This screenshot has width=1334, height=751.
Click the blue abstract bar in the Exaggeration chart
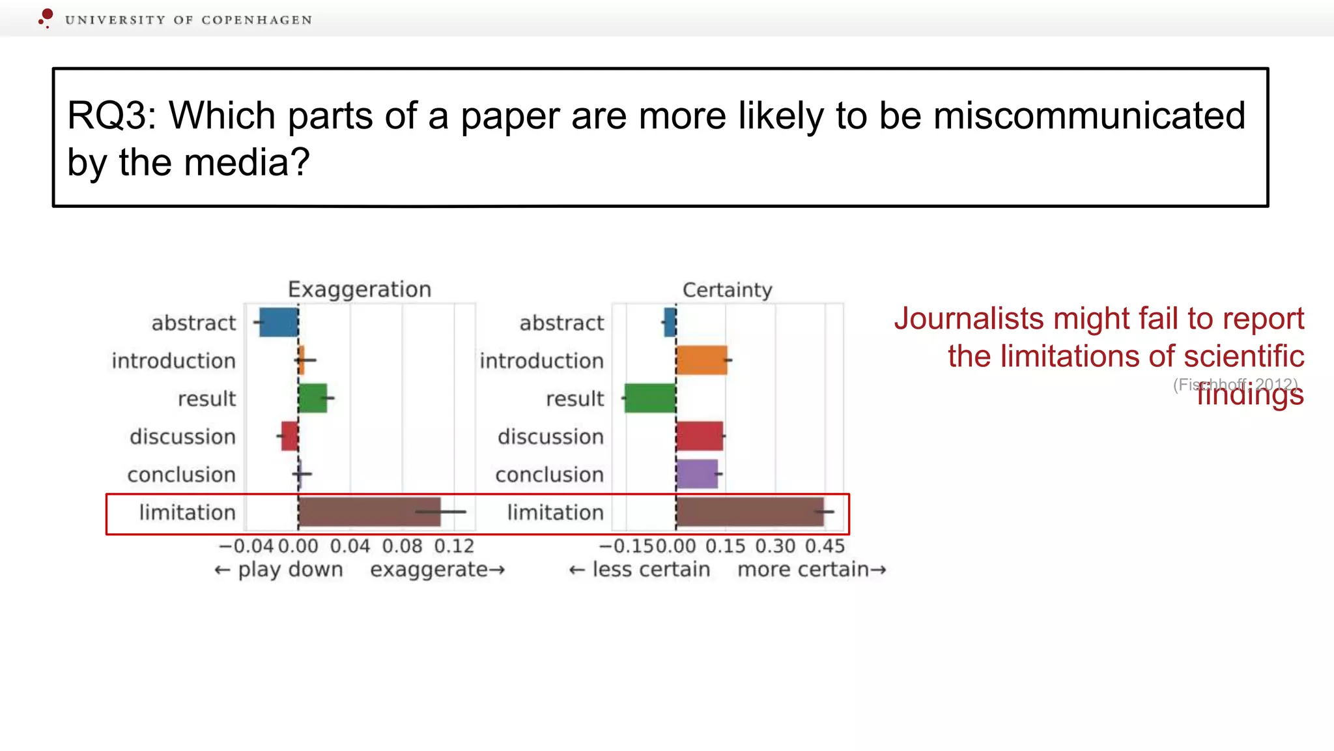(279, 323)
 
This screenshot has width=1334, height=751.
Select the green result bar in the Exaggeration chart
(313, 398)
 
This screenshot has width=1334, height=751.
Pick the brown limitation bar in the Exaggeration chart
(369, 512)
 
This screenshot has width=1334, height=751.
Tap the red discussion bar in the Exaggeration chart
(290, 436)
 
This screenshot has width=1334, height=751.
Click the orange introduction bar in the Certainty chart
(702, 361)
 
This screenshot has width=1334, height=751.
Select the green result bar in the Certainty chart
(650, 398)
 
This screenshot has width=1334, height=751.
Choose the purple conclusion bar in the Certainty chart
(697, 475)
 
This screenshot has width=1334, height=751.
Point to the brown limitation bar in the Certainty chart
(750, 512)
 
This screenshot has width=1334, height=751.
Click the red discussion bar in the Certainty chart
(700, 436)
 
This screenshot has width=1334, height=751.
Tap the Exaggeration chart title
(360, 289)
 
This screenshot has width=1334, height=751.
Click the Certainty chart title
(727, 289)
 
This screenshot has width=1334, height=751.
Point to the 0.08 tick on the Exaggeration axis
(402, 546)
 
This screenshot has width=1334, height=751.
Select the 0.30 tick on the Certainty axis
(775, 546)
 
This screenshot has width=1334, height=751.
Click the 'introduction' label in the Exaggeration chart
(173, 361)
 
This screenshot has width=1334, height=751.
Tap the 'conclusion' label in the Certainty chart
(549, 475)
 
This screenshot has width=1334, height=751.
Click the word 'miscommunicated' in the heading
(1089, 116)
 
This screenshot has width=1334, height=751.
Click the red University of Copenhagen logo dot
(47, 14)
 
